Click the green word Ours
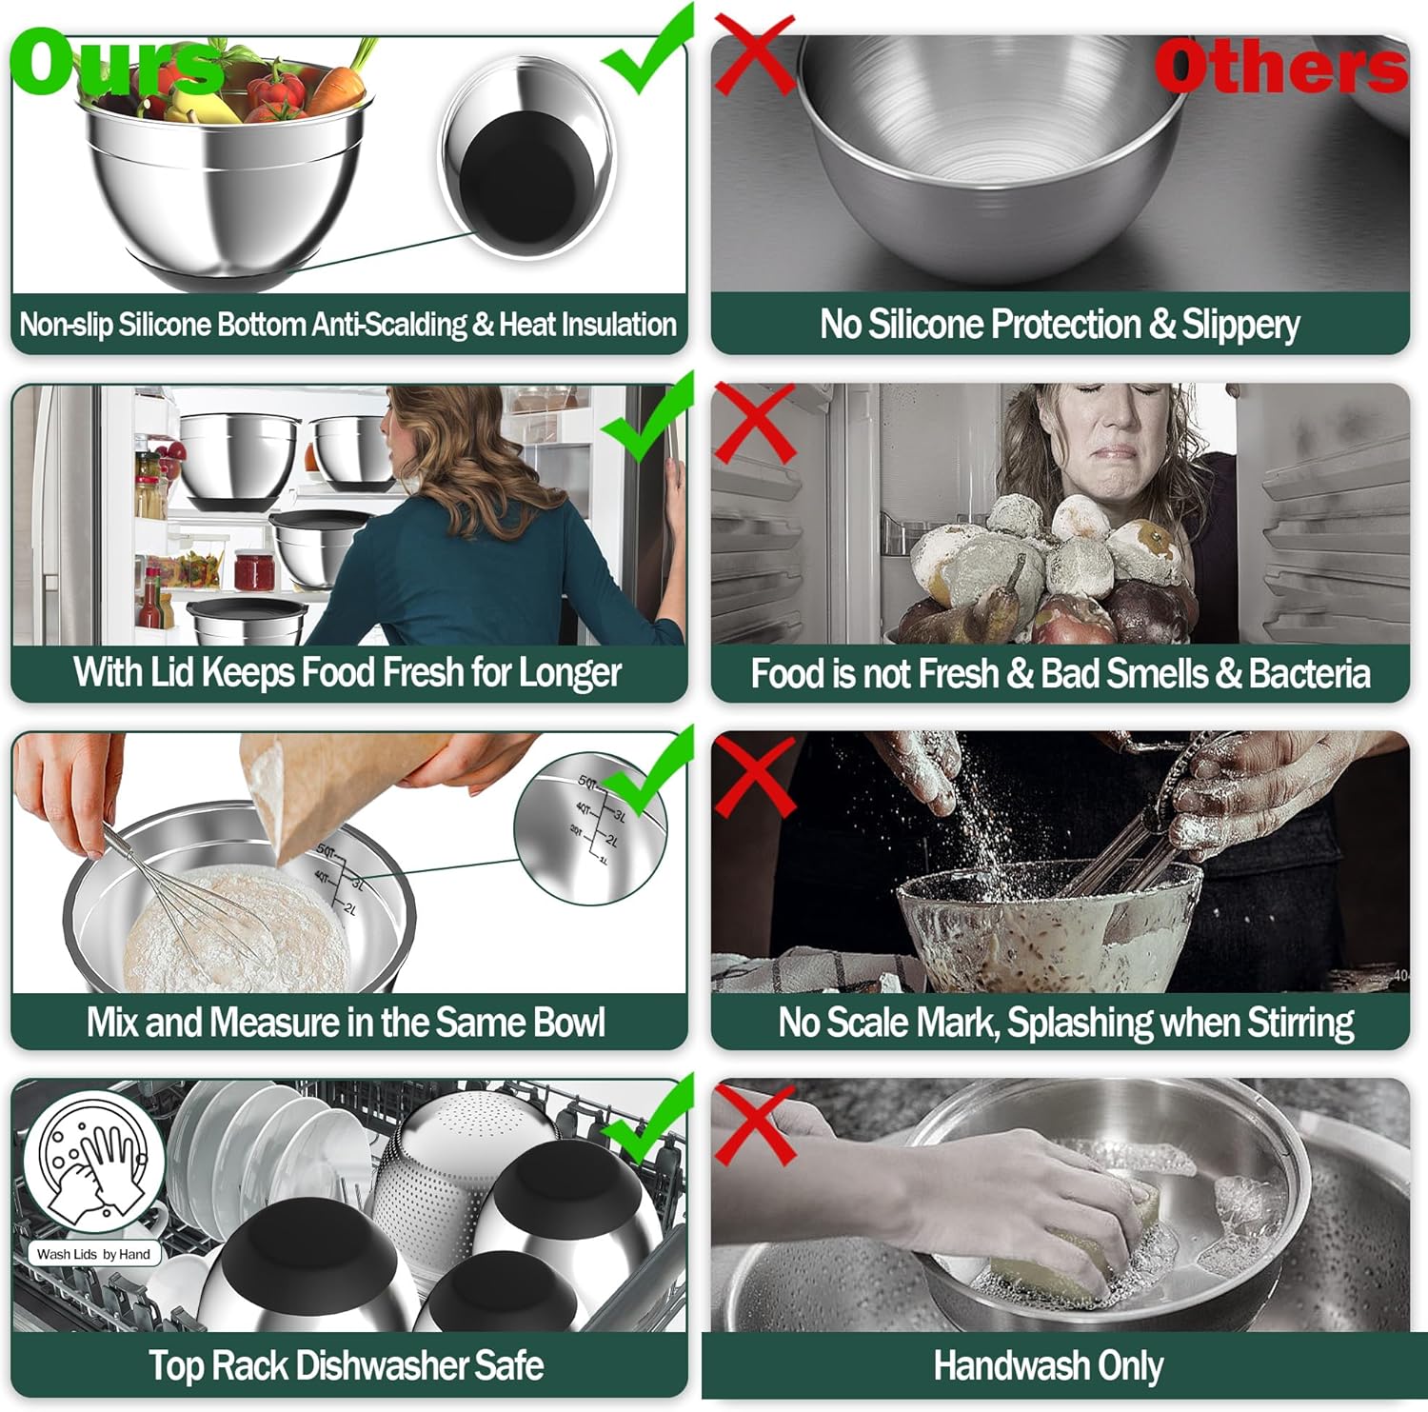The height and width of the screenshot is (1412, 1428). tap(114, 63)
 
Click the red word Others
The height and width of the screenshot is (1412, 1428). tap(1279, 67)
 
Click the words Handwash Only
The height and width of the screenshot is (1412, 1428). tap(1048, 1365)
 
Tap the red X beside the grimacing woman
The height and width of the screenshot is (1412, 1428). tap(754, 423)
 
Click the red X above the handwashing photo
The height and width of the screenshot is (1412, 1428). tap(754, 1124)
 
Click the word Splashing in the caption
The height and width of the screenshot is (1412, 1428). tap(1080, 1023)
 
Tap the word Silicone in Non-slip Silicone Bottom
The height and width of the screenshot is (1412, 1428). tap(165, 325)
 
